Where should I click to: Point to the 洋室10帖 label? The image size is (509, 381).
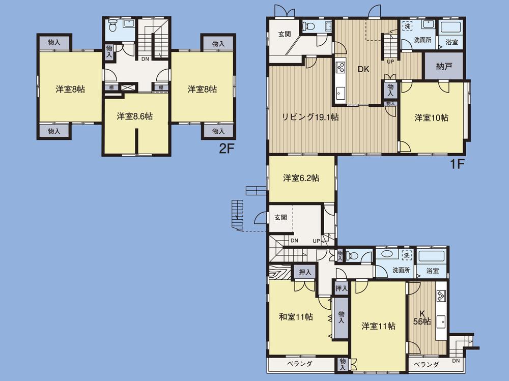pos(431,118)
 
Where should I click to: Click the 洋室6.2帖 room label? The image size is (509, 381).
pos(301,178)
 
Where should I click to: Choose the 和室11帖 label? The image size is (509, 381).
pos(296,317)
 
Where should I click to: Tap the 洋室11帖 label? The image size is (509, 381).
pos(379,326)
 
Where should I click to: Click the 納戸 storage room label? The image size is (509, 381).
pos(443,66)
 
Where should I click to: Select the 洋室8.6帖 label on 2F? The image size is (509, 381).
pos(135,116)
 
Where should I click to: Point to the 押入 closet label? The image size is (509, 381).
pos(305,273)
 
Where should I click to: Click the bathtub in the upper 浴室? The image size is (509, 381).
pos(451,27)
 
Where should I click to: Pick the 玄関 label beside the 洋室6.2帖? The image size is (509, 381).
pos(281,217)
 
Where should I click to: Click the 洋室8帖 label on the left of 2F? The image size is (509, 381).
pos(70,89)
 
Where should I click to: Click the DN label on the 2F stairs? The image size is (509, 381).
pos(145,58)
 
